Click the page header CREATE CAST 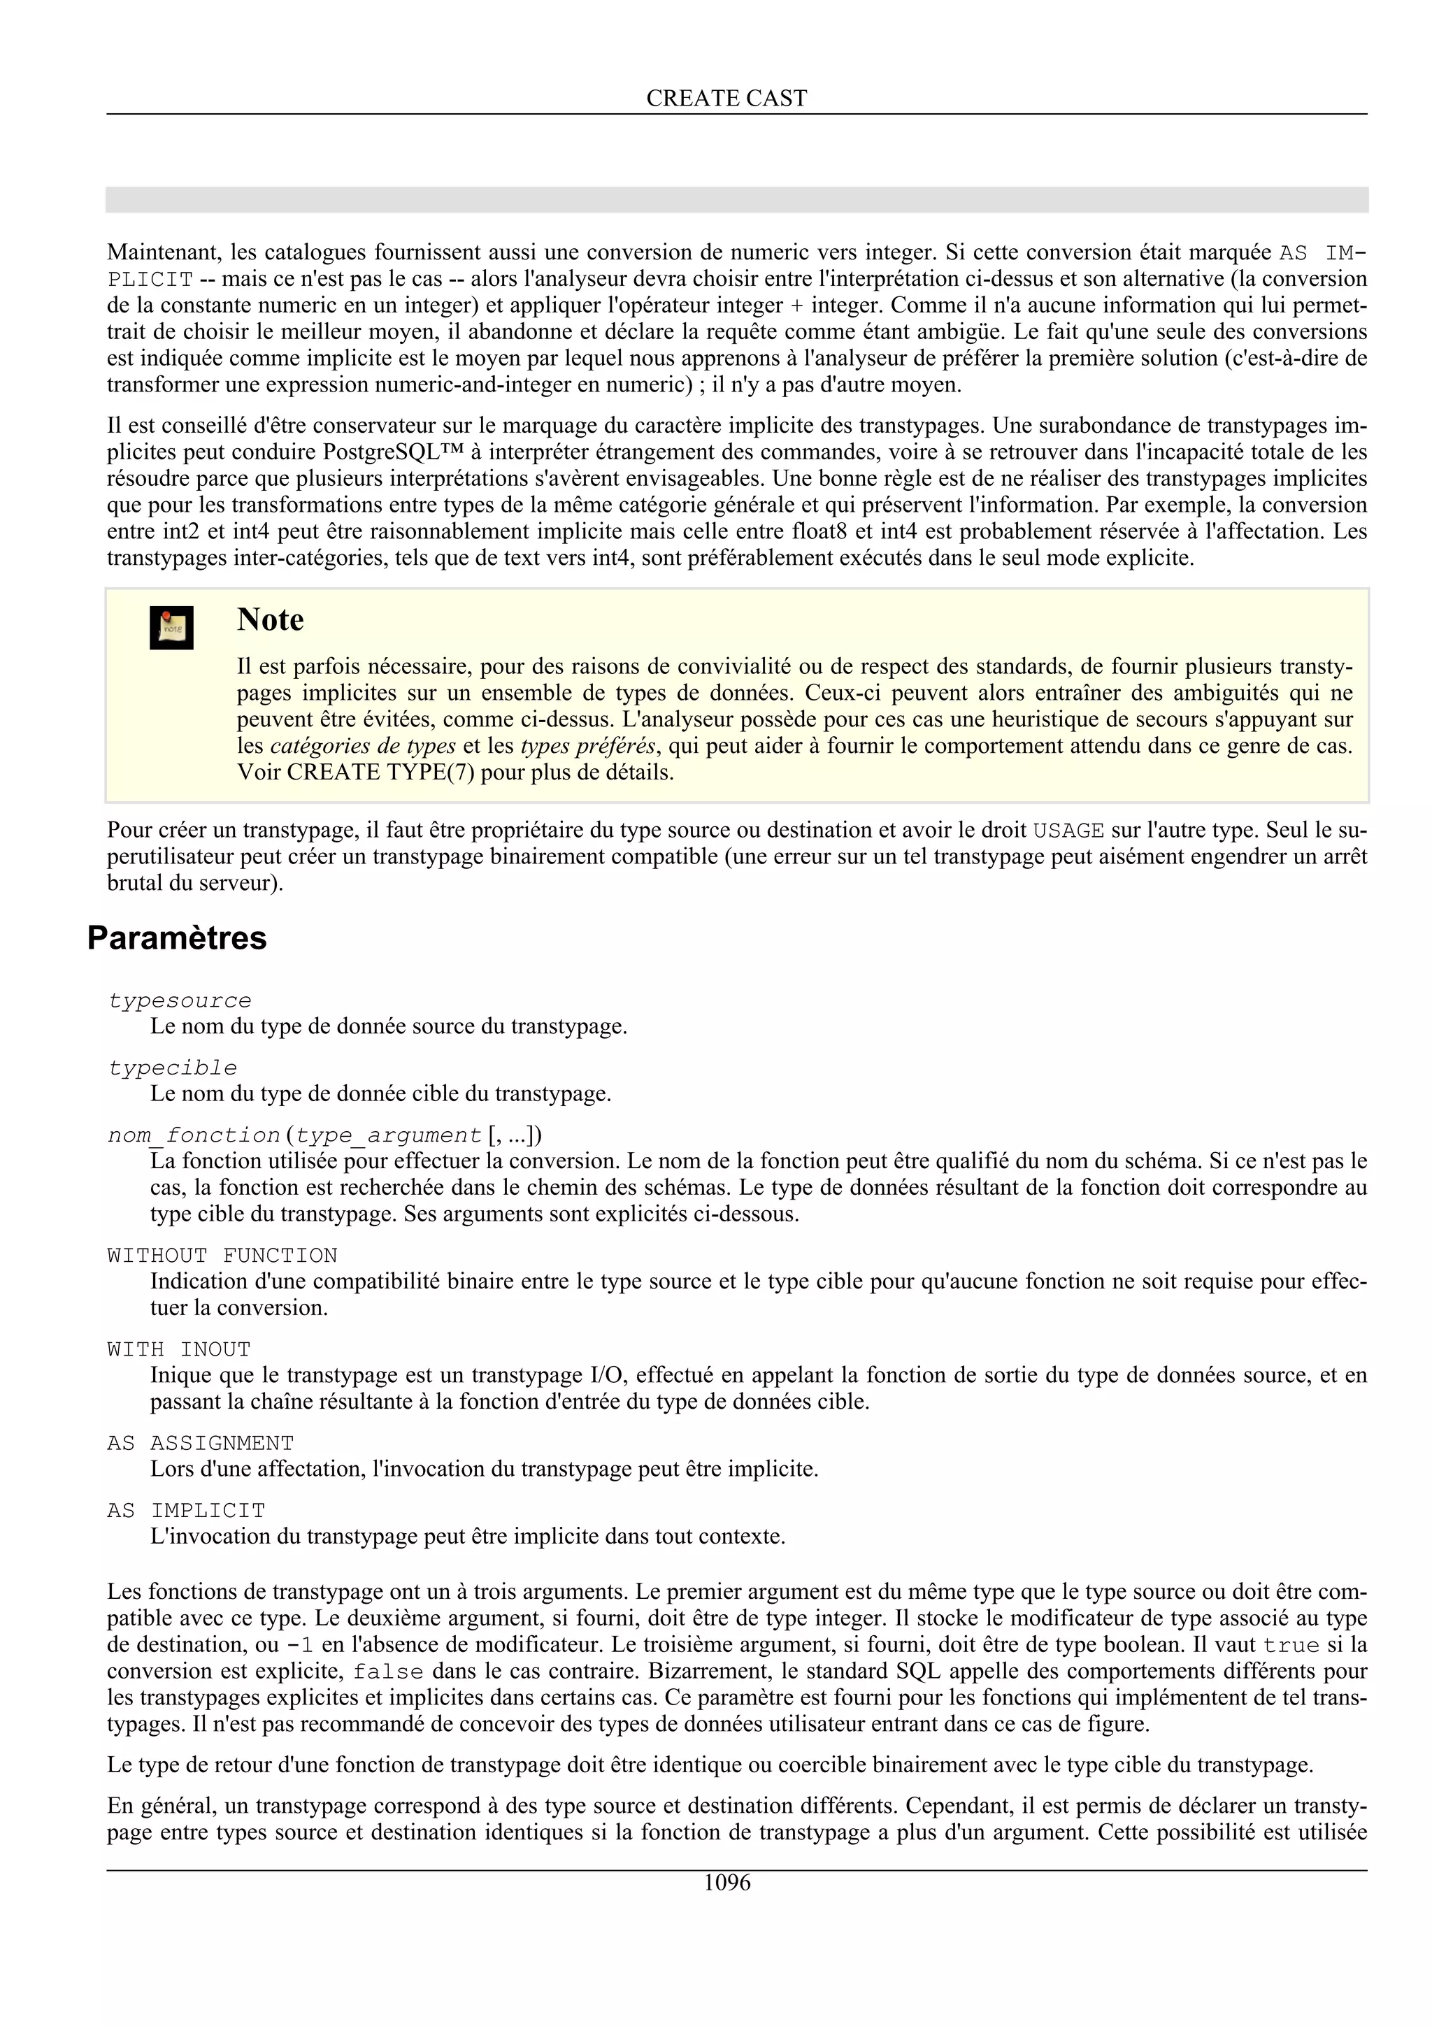[726, 98]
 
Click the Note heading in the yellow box [270, 619]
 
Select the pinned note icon [171, 627]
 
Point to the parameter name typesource [179, 1000]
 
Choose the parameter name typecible [172, 1068]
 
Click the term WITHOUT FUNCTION [222, 1255]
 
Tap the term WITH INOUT [179, 1349]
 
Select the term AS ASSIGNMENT [200, 1443]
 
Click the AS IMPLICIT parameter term [186, 1510]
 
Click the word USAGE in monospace [1068, 831]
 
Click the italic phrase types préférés [587, 746]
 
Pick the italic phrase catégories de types [363, 746]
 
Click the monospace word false [388, 1672]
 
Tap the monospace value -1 [300, 1645]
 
